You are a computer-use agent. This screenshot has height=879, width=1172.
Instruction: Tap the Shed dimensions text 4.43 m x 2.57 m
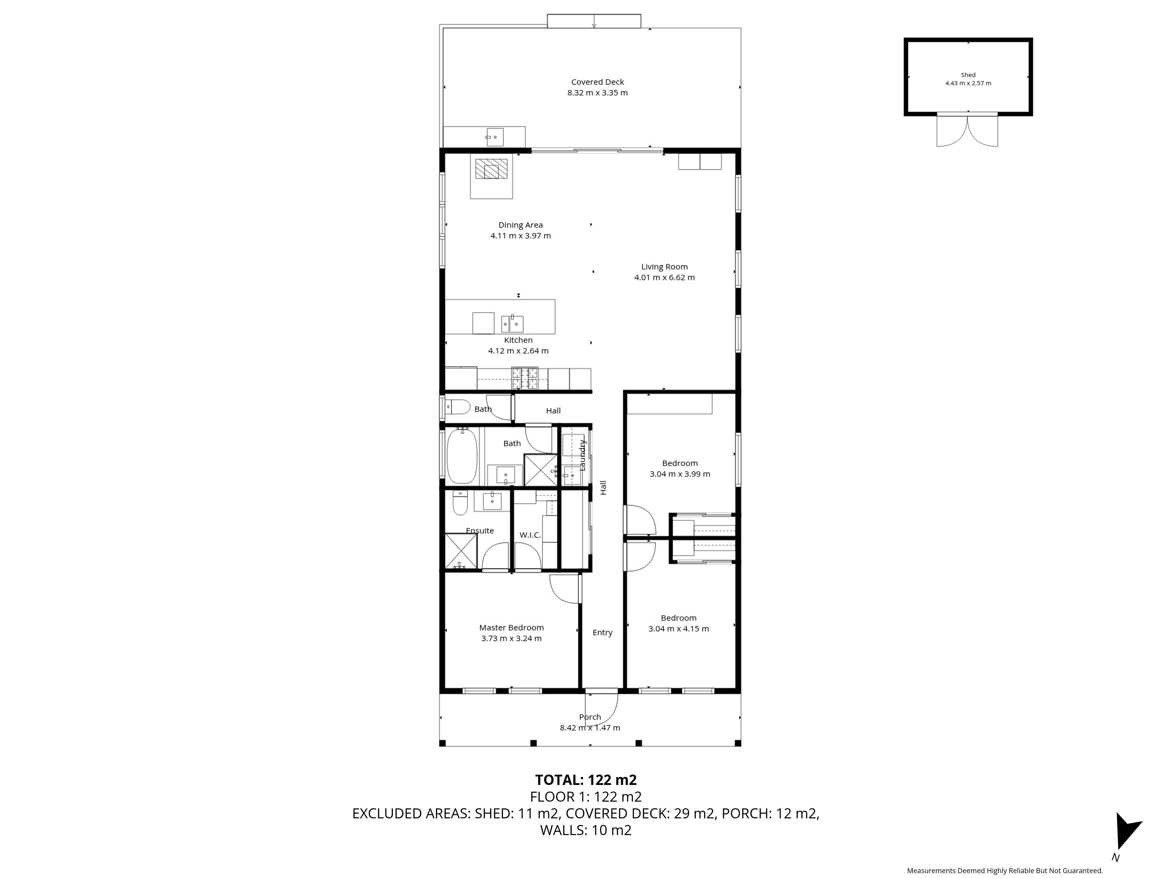point(968,83)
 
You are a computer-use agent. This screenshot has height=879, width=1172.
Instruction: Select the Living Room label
point(665,267)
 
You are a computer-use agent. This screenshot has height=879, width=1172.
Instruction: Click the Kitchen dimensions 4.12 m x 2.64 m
point(518,351)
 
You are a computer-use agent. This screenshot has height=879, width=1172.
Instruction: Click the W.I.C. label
point(530,535)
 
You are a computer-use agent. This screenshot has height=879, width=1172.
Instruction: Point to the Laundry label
point(582,455)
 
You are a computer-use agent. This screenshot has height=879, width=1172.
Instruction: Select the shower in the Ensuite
point(461,551)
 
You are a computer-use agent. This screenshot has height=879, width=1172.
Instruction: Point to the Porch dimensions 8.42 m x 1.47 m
point(590,728)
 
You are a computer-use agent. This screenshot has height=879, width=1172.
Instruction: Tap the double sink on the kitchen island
point(512,323)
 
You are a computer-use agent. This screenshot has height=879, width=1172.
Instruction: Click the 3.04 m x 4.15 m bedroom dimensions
point(678,629)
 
